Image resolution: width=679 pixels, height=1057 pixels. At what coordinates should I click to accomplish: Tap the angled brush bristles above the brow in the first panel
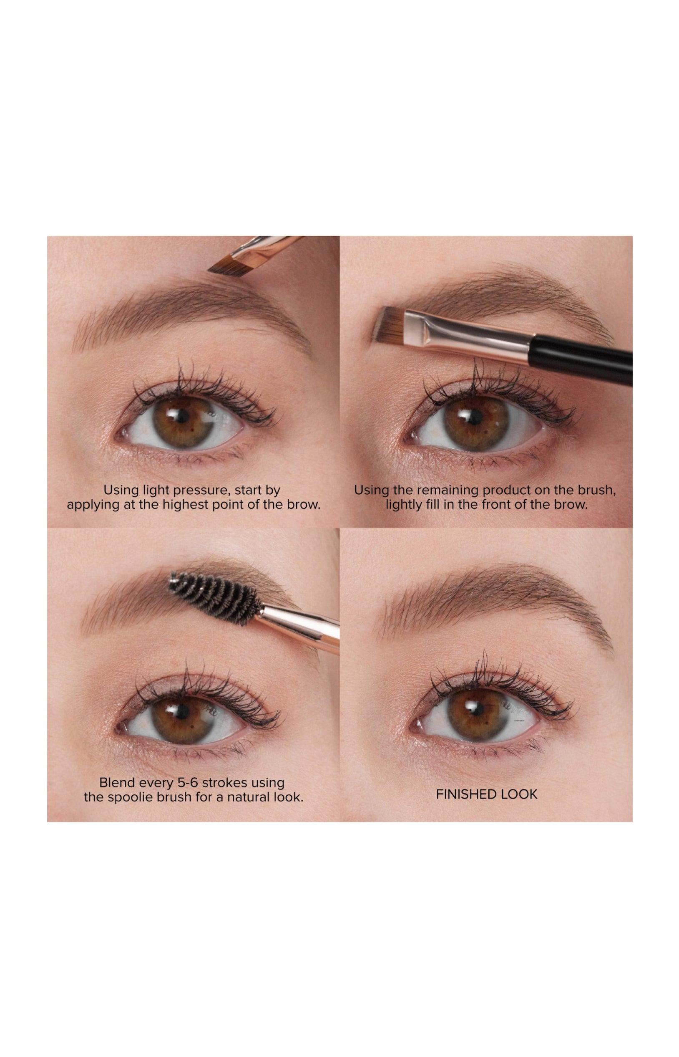pyautogui.click(x=226, y=265)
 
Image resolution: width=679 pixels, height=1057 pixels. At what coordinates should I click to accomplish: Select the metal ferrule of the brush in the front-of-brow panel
pyautogui.click(x=468, y=334)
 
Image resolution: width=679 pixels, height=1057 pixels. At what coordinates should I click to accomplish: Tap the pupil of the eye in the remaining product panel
pyautogui.click(x=474, y=416)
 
